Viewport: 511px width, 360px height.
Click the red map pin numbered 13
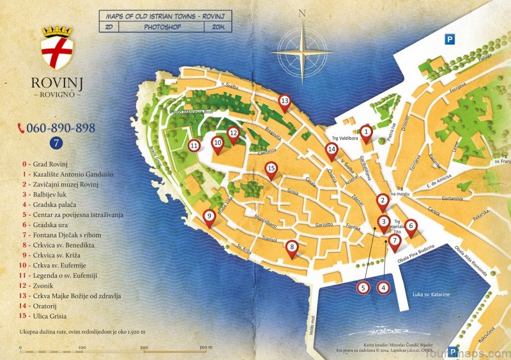point(284,101)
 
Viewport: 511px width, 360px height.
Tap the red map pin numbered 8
point(292,248)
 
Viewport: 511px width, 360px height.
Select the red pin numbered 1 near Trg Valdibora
point(366,133)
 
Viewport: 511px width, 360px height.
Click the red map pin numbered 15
point(271,169)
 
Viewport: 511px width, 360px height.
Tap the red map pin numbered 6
point(411,226)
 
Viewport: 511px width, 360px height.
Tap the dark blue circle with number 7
point(56,143)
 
